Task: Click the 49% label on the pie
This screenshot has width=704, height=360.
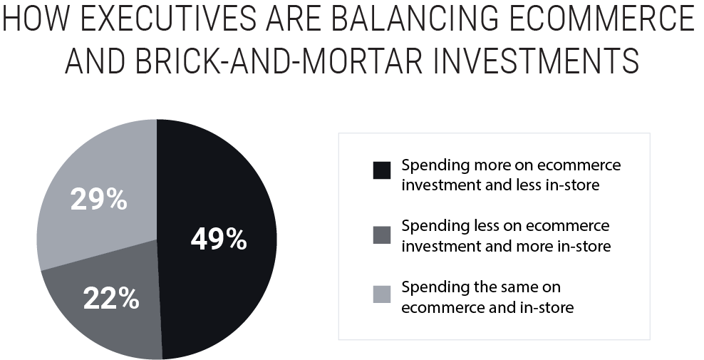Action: point(219,240)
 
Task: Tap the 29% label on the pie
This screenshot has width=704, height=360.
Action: point(98,200)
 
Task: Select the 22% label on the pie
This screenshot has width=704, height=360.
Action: point(110,299)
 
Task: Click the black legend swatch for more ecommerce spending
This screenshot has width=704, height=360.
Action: point(381,171)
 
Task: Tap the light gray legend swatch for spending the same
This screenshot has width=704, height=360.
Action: point(381,294)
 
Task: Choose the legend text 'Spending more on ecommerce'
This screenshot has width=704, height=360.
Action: point(511,165)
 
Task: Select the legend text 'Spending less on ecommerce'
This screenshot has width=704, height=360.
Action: point(505,226)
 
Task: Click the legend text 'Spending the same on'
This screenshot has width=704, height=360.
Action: point(481,287)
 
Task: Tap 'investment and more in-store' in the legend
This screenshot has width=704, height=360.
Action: point(506,246)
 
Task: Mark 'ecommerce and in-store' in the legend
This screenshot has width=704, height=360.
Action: point(487,307)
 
